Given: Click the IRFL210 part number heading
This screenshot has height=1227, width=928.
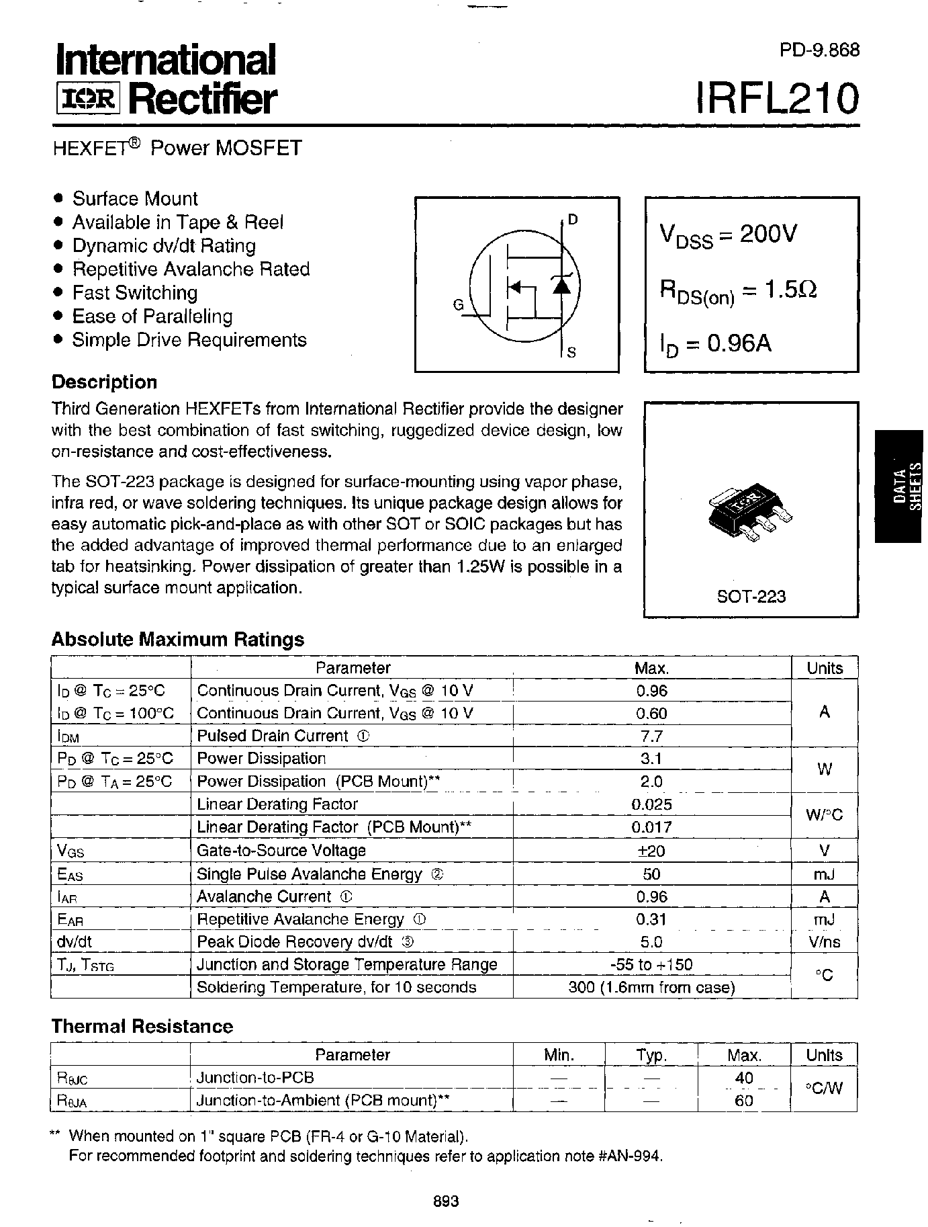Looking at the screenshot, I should tap(778, 98).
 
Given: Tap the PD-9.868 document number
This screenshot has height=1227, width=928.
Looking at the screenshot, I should tap(819, 50).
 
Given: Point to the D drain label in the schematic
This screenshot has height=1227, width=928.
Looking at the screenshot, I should tap(572, 219).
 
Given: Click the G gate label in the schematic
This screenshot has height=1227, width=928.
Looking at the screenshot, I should tap(459, 305).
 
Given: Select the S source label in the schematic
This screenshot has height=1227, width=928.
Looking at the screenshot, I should tap(571, 352).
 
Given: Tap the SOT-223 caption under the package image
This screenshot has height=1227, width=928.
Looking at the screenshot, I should tap(751, 596).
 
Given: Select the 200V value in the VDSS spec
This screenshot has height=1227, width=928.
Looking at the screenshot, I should tap(768, 235).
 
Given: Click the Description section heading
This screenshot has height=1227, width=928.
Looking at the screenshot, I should tap(104, 382).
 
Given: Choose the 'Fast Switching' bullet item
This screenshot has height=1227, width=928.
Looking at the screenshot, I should tap(134, 293).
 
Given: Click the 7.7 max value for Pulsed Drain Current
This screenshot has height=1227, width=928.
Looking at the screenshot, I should tap(651, 736).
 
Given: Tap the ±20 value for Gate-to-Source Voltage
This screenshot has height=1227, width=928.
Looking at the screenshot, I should tap(651, 851).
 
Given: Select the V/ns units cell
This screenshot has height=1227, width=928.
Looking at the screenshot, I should tap(825, 942).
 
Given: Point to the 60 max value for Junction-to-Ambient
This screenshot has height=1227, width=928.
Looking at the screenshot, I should tap(744, 1101).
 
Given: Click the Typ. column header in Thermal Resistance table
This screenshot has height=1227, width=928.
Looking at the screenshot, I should tap(651, 1055).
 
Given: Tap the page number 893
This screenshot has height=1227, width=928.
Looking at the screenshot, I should tap(446, 1201).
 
